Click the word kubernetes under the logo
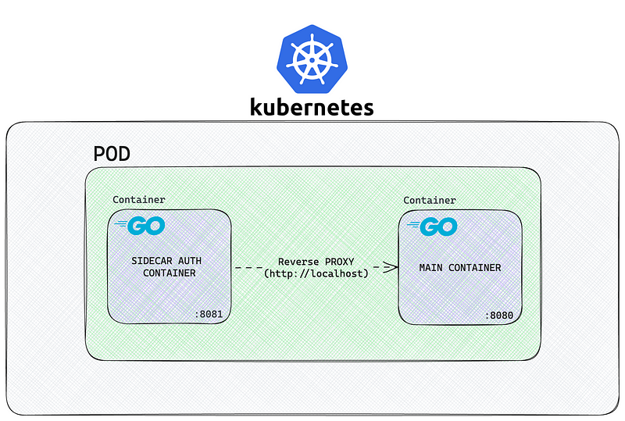click(x=312, y=106)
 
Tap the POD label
click(x=112, y=154)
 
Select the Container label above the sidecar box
click(x=139, y=200)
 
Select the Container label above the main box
click(x=430, y=200)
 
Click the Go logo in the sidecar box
click(x=141, y=227)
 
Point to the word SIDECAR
click(x=152, y=259)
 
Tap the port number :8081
click(x=208, y=315)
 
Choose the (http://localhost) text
click(x=316, y=273)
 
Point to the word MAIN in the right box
click(x=433, y=268)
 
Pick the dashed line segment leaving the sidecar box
click(x=248, y=267)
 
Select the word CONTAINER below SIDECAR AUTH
click(x=169, y=273)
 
